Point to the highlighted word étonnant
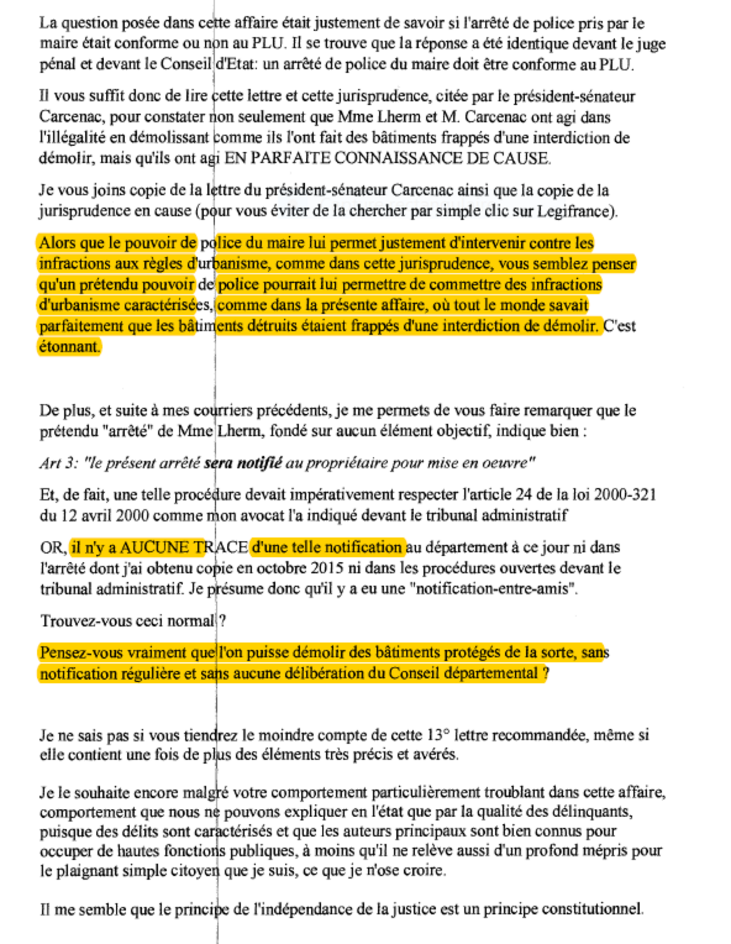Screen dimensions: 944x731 [69, 347]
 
